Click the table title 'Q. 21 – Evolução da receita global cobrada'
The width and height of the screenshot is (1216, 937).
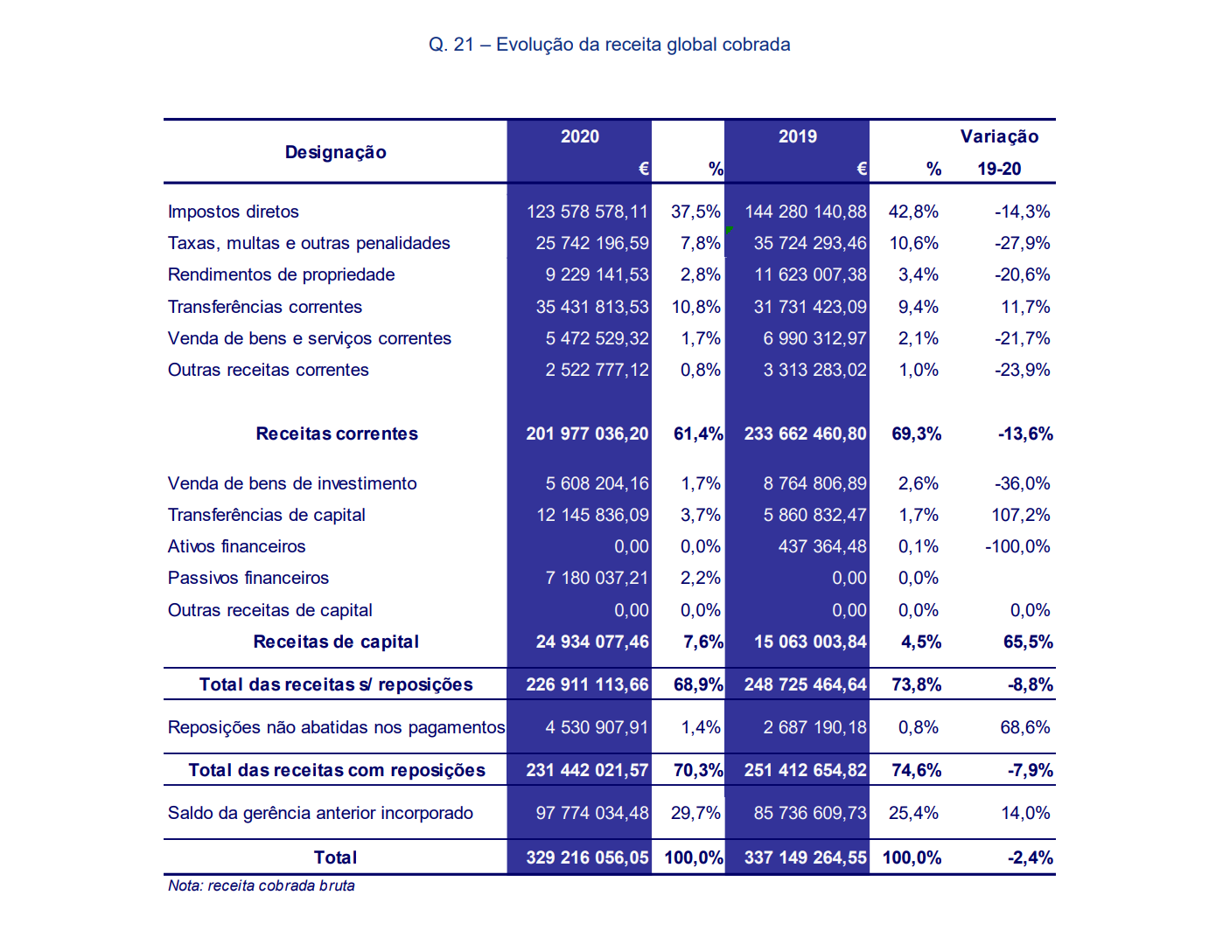609,45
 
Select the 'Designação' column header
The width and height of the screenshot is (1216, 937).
335,152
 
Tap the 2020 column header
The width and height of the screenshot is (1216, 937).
580,136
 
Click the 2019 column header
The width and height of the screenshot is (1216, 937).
798,136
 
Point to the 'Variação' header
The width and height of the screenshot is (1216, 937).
999,136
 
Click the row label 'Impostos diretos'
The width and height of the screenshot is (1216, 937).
234,212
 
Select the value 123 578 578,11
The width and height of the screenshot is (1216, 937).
587,212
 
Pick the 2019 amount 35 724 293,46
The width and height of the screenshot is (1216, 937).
810,243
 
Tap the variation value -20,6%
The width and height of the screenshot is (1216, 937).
1022,274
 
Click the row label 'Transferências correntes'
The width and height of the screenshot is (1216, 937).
265,307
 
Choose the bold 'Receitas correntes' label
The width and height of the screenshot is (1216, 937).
337,434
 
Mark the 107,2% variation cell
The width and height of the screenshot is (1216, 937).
1021,515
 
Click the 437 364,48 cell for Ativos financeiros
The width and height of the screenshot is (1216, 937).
822,546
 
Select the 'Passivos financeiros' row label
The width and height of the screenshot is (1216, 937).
248,578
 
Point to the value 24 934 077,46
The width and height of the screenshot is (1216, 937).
592,642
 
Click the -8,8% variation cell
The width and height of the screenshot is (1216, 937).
1031,685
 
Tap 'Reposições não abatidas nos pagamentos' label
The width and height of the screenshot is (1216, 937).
336,727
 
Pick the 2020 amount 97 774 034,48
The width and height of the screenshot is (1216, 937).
592,813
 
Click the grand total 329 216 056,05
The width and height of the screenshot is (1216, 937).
587,857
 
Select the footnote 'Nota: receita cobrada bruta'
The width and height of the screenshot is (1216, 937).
262,885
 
